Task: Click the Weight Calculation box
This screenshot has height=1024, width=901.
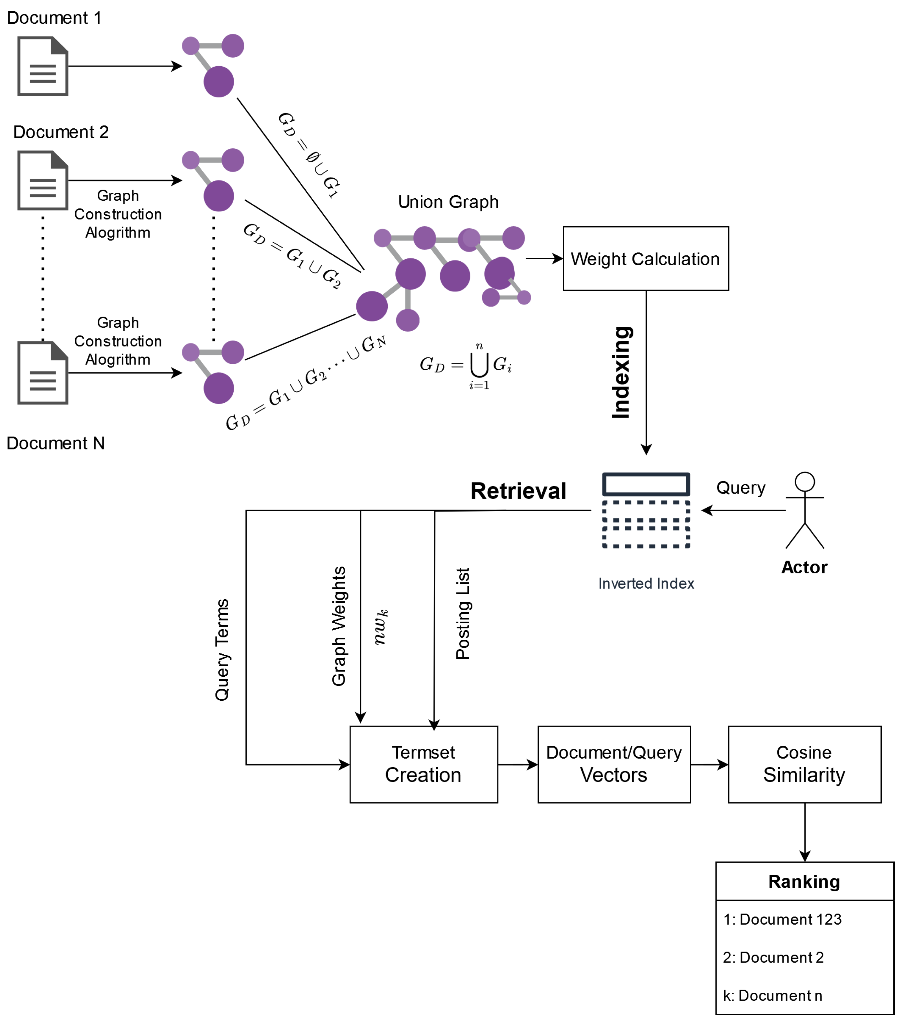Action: pos(645,258)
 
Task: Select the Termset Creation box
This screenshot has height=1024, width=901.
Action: pos(424,764)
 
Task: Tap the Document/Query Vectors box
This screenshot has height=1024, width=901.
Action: pos(614,764)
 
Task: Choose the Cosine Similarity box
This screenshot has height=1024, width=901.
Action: pos(804,764)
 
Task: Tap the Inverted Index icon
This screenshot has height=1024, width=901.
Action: pos(646,510)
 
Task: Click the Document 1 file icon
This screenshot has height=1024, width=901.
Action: pos(43,66)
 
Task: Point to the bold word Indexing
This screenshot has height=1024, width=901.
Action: pos(621,372)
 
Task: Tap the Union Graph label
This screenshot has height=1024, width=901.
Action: pos(448,202)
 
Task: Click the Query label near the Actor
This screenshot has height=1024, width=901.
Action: pos(741,488)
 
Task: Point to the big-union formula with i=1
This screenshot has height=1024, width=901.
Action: pos(466,365)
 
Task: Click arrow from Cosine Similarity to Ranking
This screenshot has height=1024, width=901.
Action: pos(805,832)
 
